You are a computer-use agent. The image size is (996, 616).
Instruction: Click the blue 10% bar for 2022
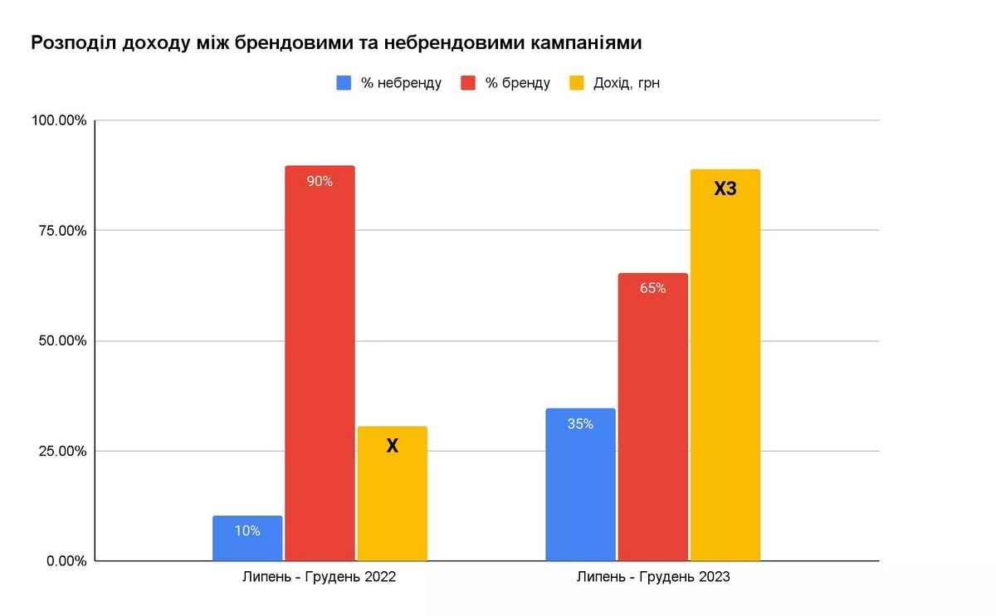(247, 539)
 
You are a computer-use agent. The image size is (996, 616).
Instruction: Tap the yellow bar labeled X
(392, 494)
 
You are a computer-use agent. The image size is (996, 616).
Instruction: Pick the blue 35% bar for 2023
(580, 485)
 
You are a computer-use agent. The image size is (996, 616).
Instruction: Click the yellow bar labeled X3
(725, 365)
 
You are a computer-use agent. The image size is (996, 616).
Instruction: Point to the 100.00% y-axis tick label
(59, 121)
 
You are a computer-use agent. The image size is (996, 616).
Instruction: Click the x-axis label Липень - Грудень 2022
(320, 577)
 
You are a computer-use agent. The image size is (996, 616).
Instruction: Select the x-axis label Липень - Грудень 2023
(653, 577)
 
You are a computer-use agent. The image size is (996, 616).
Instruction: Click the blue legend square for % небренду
(344, 83)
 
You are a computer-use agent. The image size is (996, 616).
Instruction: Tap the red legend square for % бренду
(468, 83)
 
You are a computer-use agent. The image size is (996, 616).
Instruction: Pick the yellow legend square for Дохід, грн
(577, 83)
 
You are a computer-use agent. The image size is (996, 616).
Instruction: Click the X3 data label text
(725, 189)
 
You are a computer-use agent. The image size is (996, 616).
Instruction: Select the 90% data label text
(320, 181)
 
